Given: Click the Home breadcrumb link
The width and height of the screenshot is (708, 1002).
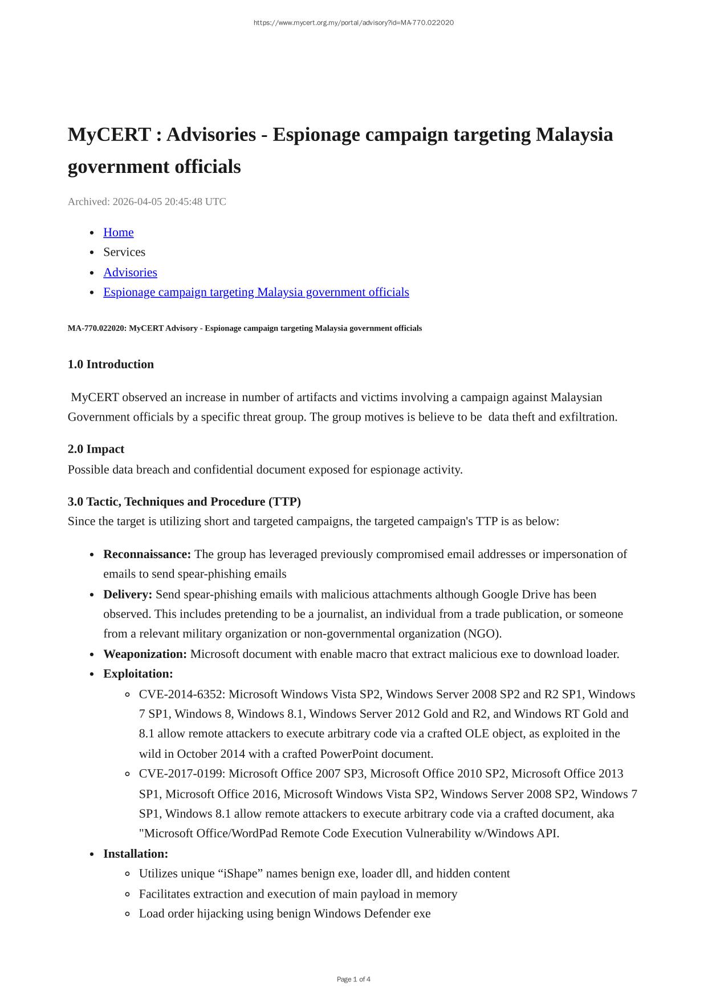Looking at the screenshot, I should coord(118,232).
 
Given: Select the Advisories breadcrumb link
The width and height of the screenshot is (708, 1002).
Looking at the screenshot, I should coord(130,272).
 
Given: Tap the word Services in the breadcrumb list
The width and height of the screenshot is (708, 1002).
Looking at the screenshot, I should coord(124,252).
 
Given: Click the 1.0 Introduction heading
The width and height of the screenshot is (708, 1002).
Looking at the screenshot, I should coord(111,364).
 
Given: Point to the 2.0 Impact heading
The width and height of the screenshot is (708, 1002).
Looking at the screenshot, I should coord(96,449).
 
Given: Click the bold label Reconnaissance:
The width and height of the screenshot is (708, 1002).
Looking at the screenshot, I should coord(147,554).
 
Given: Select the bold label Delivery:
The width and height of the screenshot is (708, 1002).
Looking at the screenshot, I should coord(128,594).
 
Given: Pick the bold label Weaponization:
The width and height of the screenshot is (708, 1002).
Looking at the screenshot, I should coord(145,654).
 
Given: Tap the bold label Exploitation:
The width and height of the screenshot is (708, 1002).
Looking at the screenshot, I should coord(138,674).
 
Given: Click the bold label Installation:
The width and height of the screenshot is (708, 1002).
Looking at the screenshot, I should coord(136,854).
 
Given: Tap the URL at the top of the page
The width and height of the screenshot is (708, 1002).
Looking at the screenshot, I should coord(353,23).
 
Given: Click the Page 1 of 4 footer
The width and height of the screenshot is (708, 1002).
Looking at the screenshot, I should coord(353,979).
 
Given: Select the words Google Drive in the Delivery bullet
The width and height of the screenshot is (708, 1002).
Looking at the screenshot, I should coord(516,594).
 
